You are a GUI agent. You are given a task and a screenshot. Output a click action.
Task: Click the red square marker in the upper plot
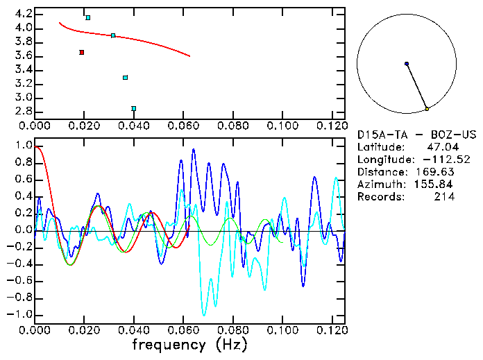pyautogui.click(x=82, y=52)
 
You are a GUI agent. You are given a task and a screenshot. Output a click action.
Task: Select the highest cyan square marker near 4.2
pyautogui.click(x=87, y=17)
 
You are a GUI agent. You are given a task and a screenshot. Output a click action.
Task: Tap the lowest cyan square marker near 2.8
pyautogui.click(x=133, y=108)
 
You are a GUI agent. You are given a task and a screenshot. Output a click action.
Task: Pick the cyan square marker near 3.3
pyautogui.click(x=125, y=78)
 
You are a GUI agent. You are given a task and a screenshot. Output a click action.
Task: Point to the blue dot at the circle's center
pyautogui.click(x=407, y=64)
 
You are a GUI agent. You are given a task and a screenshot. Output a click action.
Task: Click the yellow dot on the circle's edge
pyautogui.click(x=427, y=109)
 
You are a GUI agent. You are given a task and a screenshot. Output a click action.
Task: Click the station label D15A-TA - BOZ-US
pyautogui.click(x=414, y=135)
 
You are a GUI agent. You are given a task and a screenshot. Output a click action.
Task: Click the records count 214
pyautogui.click(x=444, y=197)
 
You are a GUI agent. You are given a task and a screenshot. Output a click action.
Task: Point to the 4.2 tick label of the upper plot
pyautogui.click(x=23, y=14)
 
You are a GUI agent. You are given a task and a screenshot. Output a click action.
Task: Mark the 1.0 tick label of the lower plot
pyautogui.click(x=23, y=146)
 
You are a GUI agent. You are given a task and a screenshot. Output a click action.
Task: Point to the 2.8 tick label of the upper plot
pyautogui.click(x=23, y=111)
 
